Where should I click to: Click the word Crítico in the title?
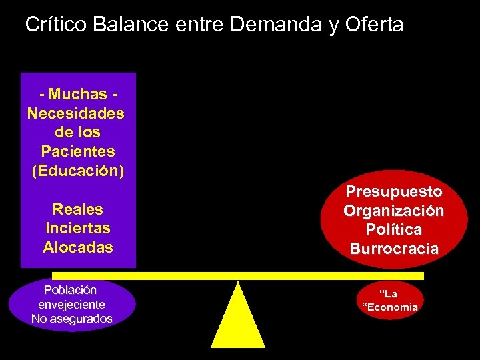tap(57, 25)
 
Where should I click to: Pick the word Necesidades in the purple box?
tap(76, 113)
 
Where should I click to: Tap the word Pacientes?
tap(78, 151)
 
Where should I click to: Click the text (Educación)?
tap(78, 170)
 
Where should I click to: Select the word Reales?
tap(78, 209)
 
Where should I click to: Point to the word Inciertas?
tap(78, 228)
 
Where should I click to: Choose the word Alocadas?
tap(78, 247)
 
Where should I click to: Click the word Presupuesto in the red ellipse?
tap(394, 191)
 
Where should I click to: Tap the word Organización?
tap(394, 211)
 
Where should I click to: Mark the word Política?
tap(394, 230)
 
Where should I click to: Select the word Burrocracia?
tap(394, 249)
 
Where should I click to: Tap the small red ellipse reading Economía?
tap(389, 301)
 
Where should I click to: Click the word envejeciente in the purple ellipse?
tap(72, 304)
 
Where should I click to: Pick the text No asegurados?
tap(72, 319)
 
